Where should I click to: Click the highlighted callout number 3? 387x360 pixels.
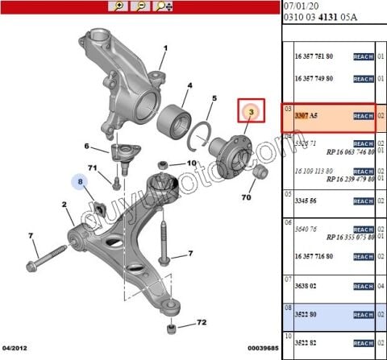[252, 110]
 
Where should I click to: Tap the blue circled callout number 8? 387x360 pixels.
[81, 184]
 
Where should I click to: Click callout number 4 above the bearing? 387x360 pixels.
[189, 85]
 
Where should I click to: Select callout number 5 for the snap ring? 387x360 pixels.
[214, 99]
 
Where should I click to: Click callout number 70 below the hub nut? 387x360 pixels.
[246, 197]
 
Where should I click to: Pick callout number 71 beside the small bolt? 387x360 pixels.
[92, 168]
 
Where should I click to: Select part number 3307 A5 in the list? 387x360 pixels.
[307, 116]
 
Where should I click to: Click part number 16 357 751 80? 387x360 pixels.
[318, 56]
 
